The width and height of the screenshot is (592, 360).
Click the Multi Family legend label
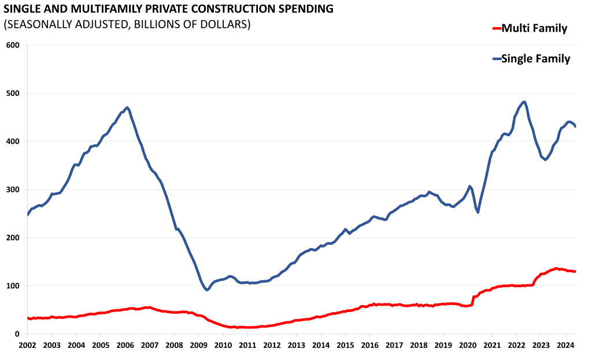pos(534,28)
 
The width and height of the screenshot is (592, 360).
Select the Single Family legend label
pos(536,58)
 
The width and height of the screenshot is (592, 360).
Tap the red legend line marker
pos(495,28)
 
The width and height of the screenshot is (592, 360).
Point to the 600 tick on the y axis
pos(13,45)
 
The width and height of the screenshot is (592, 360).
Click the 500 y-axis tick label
pos(13,93)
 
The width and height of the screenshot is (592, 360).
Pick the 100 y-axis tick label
pos(13,285)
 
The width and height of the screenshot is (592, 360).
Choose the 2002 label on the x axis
pos(27,345)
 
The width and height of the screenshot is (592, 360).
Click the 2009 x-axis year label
pos(198,345)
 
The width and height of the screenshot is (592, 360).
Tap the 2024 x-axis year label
pos(565,345)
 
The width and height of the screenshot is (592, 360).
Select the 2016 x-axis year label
pos(369,345)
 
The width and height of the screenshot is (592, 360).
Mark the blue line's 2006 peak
pos(127,107)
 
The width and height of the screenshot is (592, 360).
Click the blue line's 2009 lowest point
pos(207,290)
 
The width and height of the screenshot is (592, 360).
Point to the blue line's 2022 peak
pos(524,102)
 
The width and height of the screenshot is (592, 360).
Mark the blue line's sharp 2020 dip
pos(478,212)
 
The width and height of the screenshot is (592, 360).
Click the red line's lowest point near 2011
pos(238,328)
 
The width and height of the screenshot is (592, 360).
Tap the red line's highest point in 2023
pos(556,268)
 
